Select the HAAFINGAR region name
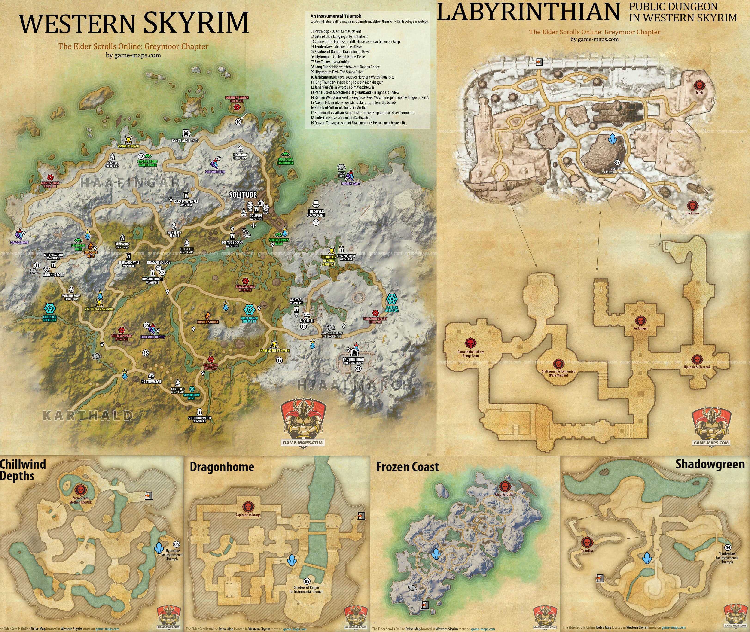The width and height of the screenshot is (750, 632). point(130,183)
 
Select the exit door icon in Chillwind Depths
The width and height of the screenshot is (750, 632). point(148,495)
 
